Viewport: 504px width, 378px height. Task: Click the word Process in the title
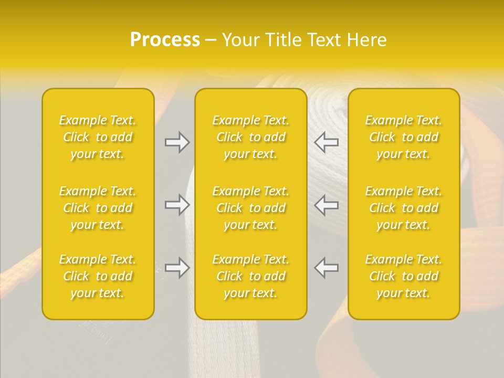(x=165, y=40)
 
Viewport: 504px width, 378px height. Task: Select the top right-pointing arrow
(x=177, y=142)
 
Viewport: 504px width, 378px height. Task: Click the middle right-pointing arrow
(x=177, y=205)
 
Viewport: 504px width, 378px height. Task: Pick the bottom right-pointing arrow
(x=177, y=268)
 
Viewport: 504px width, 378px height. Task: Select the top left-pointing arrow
(x=327, y=142)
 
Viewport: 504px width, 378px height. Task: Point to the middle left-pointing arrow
(x=327, y=205)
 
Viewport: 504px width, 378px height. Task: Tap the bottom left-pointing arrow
(x=327, y=268)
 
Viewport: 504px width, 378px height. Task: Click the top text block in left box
(x=98, y=137)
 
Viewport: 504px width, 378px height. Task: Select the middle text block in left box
(x=98, y=208)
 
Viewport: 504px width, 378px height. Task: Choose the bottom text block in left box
(x=98, y=276)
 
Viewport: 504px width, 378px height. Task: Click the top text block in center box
(x=251, y=137)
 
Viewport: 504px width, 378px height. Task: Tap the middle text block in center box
(x=251, y=208)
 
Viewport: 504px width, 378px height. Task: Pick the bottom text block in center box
(x=251, y=276)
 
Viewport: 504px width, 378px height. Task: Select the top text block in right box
(x=404, y=137)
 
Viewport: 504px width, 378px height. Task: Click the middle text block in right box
(x=404, y=208)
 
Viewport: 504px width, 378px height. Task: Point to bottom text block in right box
(x=404, y=276)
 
